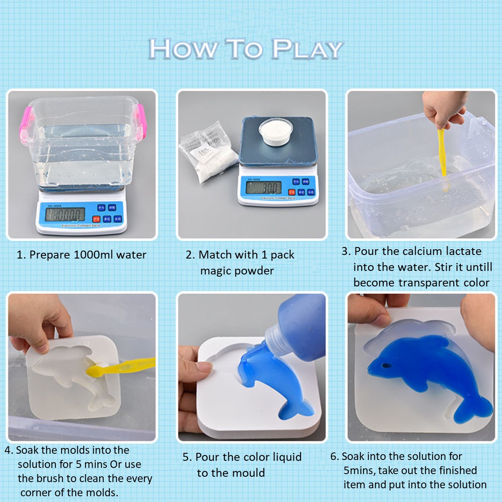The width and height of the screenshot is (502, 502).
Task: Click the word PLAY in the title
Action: click(x=307, y=49)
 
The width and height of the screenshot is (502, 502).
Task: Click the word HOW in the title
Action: click(x=183, y=49)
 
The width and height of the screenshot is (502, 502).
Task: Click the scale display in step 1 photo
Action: click(x=65, y=215)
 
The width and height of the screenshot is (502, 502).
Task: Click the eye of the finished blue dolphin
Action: click(x=386, y=366)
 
